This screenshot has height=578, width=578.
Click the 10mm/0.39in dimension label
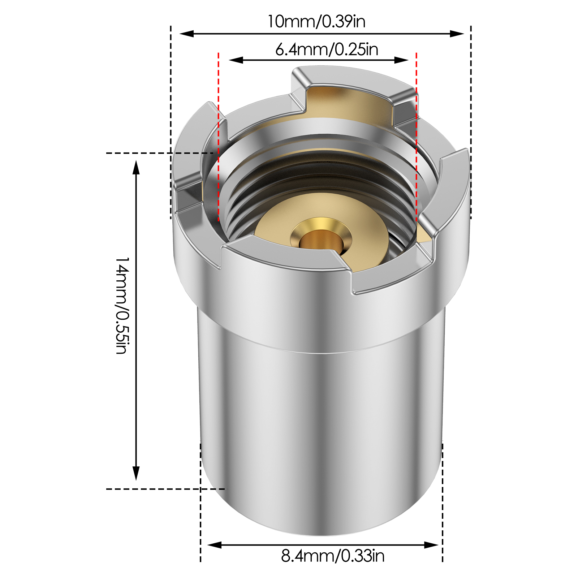pos(316,22)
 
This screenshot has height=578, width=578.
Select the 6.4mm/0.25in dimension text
pos(327,49)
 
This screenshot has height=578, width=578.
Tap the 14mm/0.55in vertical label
pos(122,306)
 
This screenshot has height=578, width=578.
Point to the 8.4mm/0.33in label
pos(333,556)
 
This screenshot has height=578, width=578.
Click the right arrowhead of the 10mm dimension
pos(457,34)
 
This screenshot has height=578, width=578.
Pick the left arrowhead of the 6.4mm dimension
pos(236,60)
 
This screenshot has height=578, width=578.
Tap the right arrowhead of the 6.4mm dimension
pos(401,60)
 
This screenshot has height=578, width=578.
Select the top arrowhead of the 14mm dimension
pos(136,168)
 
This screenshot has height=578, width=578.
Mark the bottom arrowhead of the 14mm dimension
pos(136,473)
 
